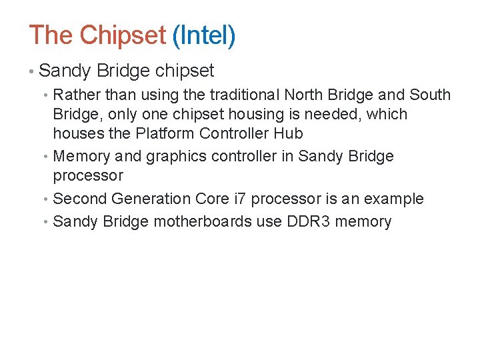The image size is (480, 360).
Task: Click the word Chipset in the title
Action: pyautogui.click(x=122, y=35)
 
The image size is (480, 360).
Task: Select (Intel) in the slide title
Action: pyautogui.click(x=203, y=35)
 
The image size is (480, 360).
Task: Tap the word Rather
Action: pyautogui.click(x=75, y=95)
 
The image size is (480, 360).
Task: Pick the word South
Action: pyautogui.click(x=430, y=95)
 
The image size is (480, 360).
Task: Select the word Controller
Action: pyautogui.click(x=231, y=133)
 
